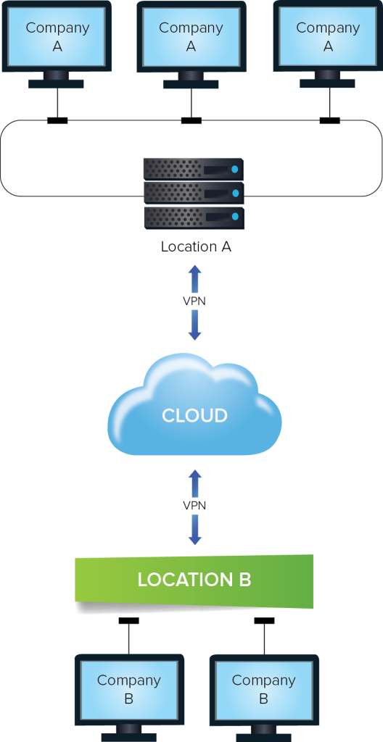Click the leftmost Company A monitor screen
point(57,36)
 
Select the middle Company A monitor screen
point(191,37)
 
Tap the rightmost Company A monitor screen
point(328,36)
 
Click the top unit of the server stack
point(193,169)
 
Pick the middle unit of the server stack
point(193,193)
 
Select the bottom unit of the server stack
point(193,217)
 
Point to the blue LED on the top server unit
point(234,170)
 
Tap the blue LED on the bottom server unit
point(234,217)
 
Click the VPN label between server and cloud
point(194,301)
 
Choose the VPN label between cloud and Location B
point(194,506)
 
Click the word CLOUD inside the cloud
point(194,415)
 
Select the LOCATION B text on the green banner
point(194,580)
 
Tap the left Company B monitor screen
point(129,689)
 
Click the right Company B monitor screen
point(263,689)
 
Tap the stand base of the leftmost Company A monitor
point(56,83)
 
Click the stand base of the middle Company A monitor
point(191,84)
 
